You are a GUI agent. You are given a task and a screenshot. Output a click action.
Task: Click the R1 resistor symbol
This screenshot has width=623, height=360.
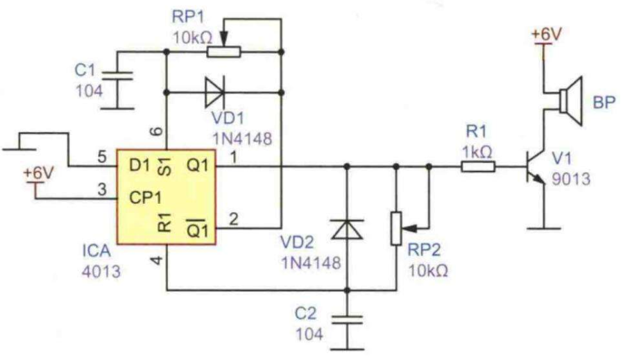click(478, 166)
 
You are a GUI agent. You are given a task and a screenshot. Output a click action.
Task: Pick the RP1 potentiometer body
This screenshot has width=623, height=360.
click(223, 51)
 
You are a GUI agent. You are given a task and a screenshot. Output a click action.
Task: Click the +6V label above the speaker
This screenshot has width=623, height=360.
click(545, 33)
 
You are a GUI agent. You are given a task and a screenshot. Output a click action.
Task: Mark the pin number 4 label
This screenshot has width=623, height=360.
click(155, 262)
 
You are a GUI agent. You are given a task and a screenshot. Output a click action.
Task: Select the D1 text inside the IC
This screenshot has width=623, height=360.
click(139, 166)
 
